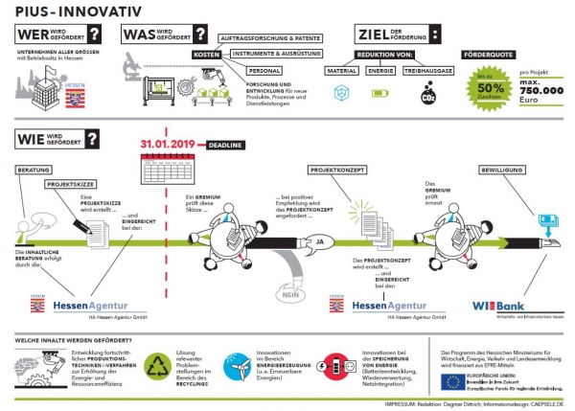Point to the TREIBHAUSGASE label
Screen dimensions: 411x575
click(427, 70)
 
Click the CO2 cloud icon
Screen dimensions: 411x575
click(427, 95)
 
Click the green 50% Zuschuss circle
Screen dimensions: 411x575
click(490, 85)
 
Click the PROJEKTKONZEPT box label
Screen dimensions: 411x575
click(337, 170)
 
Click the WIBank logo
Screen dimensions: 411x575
click(496, 306)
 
